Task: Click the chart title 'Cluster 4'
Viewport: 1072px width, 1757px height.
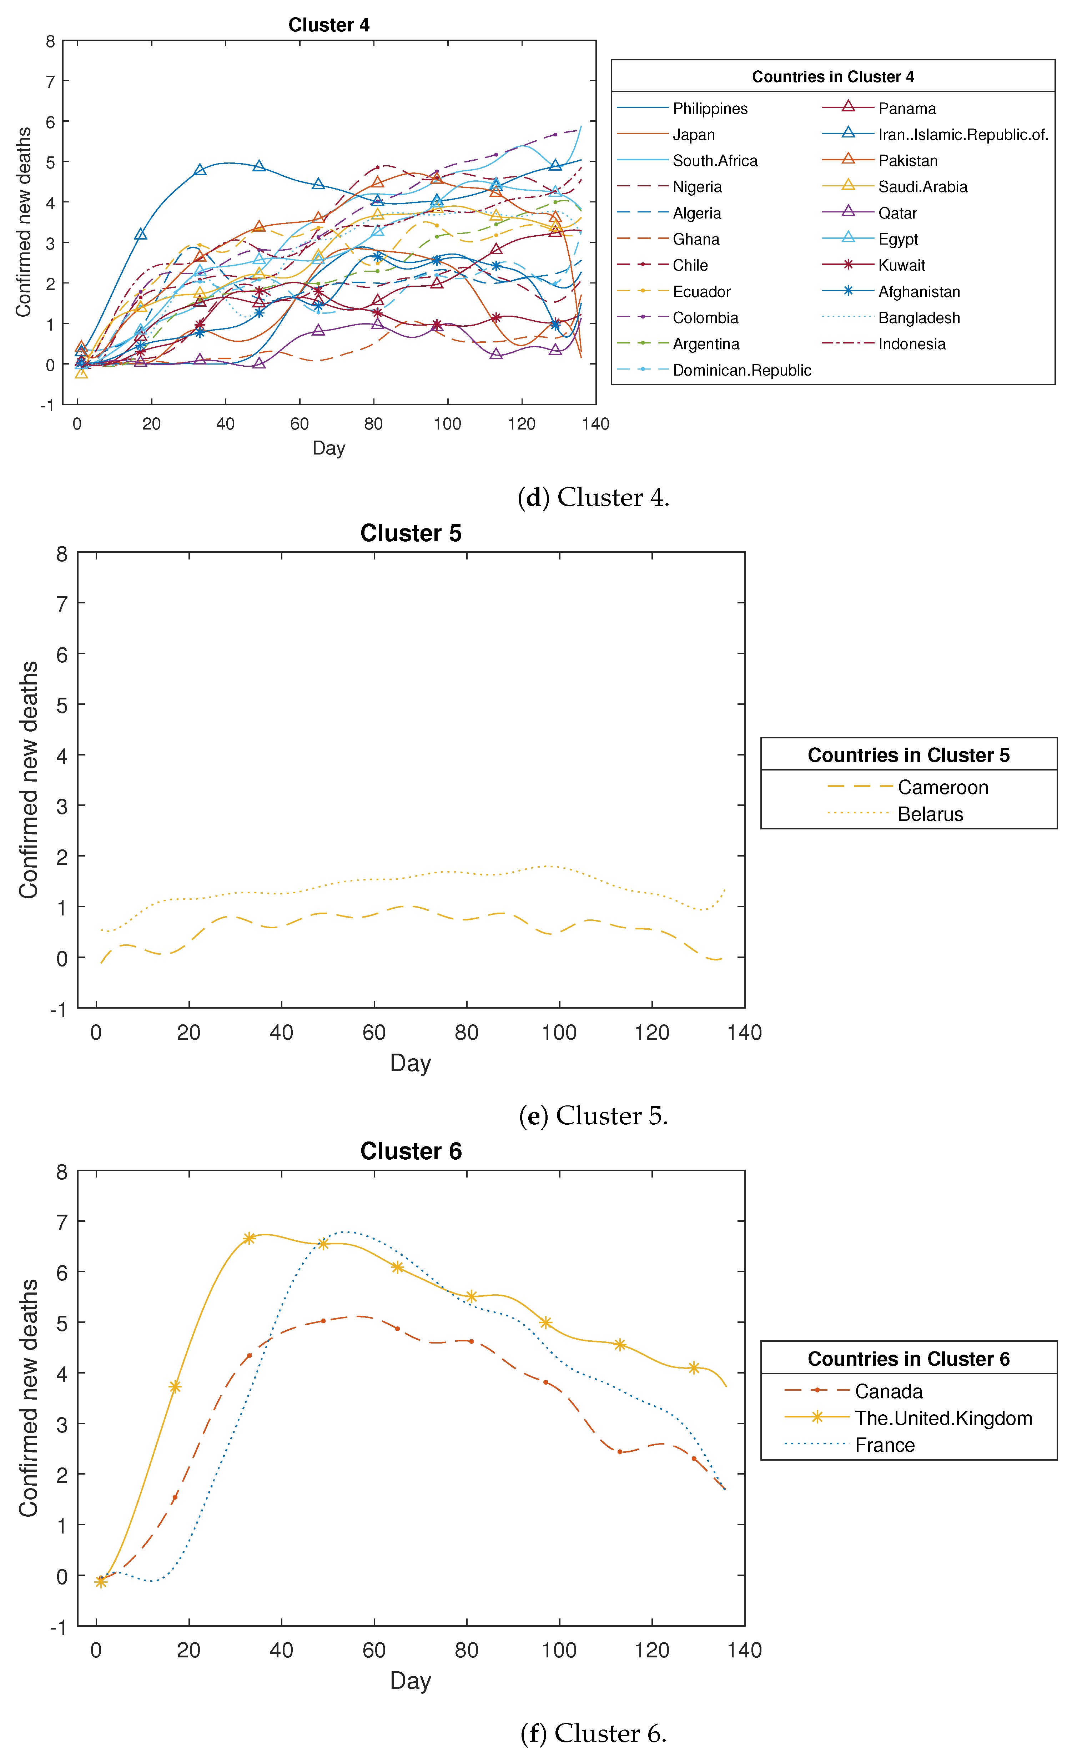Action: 328,25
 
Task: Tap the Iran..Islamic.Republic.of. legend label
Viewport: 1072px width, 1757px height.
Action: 962,135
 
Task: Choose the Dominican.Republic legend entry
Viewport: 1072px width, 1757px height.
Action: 741,370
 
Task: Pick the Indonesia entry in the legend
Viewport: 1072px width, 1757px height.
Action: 911,344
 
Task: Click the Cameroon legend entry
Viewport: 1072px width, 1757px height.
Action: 942,787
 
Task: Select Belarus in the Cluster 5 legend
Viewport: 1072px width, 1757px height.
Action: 930,814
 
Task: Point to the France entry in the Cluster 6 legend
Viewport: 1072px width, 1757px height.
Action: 885,1445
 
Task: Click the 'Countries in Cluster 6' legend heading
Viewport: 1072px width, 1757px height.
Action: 908,1359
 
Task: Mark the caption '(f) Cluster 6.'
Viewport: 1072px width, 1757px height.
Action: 593,1733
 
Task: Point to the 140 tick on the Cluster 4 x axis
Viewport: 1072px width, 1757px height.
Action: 595,424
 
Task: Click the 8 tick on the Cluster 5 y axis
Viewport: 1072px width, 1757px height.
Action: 62,554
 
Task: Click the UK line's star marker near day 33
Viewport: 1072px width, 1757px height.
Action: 249,1239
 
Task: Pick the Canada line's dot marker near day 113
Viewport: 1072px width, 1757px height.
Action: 619,1452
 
